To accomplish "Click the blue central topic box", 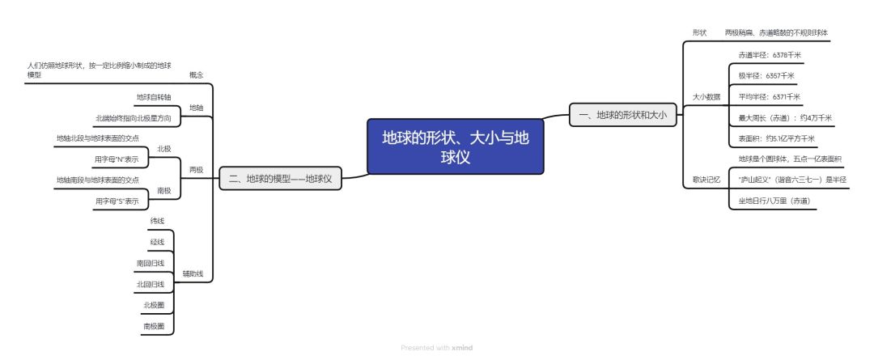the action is point(455,146).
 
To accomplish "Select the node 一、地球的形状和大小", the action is point(622,115).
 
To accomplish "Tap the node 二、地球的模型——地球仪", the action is point(280,178).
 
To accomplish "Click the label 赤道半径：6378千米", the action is point(770,55).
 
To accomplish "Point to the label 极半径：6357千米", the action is point(766,76).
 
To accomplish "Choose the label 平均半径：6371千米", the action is point(770,97).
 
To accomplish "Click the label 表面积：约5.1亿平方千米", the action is point(776,138).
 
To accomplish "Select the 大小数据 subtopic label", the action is point(706,97).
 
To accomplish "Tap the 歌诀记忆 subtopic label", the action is point(706,180).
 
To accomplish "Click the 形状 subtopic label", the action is point(699,33).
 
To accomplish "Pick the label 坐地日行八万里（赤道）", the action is point(774,201).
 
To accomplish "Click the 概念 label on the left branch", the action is point(196,75).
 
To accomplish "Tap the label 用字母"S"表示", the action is point(117,201).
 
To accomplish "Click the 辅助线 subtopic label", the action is point(193,273).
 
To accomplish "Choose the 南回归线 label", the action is point(151,263).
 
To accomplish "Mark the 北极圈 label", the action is point(154,305).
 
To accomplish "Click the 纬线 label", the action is point(157,221).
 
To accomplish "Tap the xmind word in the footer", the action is point(462,348).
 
